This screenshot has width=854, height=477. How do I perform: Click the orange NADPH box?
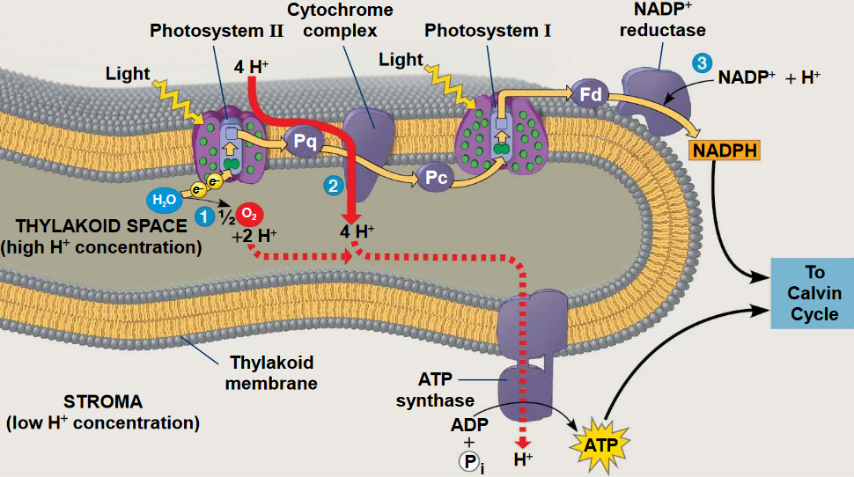click(x=724, y=150)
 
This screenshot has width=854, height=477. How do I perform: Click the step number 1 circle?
click(x=204, y=216)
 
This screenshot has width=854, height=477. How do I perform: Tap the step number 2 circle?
click(x=332, y=185)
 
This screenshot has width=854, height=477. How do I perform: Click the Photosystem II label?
click(x=217, y=31)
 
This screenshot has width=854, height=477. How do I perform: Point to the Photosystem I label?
click(x=488, y=31)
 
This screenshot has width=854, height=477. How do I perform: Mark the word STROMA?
click(x=103, y=402)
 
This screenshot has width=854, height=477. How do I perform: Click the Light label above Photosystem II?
click(x=128, y=73)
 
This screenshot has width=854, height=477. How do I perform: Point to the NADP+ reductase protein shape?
click(x=656, y=93)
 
